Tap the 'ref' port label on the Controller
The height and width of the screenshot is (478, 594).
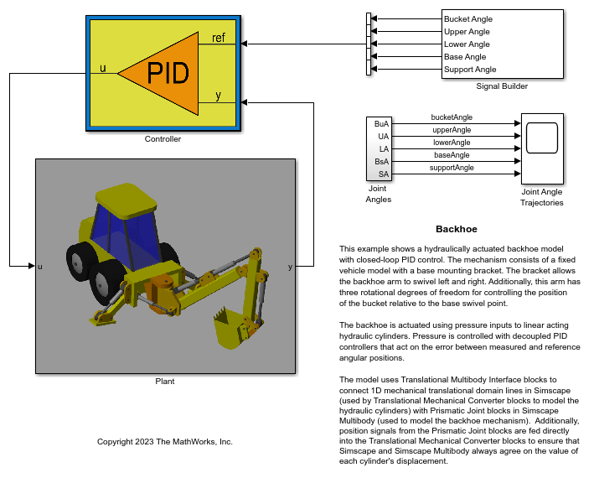coord(218,38)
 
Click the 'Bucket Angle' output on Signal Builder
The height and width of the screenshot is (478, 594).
coord(468,19)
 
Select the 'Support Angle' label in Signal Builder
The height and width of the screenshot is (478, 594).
coord(470,70)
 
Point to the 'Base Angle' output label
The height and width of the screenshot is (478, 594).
coord(465,57)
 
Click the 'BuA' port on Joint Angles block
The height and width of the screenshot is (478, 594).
coord(381,124)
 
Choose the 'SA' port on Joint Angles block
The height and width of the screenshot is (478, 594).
coord(384,174)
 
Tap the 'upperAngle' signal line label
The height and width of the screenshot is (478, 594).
coord(452,130)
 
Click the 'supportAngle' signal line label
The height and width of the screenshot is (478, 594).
coord(452,168)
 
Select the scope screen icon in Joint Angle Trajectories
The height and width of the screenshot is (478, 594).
coord(542,138)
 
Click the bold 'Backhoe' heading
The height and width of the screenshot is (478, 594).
coord(457,229)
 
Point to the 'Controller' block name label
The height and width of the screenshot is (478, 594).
coord(163,139)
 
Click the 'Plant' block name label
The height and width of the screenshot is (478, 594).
coord(165,382)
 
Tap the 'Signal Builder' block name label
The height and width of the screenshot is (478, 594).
coord(502,86)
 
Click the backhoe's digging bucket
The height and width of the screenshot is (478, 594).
coord(230,328)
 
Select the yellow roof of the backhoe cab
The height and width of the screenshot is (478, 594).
coord(127,200)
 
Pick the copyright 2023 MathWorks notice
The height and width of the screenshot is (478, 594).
coord(165,442)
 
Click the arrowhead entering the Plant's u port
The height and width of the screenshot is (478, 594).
coord(32,266)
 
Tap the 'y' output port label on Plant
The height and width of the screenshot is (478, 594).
coord(290,267)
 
